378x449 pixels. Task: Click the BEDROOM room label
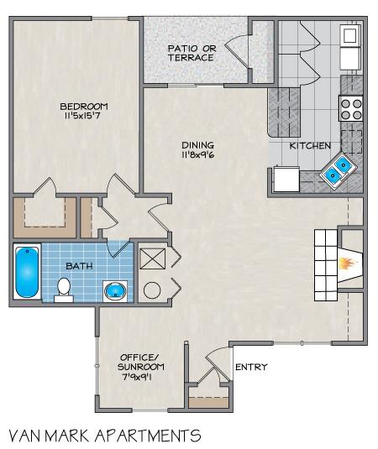click(x=84, y=106)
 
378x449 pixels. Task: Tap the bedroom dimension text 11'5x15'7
click(x=84, y=117)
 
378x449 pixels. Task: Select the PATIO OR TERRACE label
click(x=191, y=53)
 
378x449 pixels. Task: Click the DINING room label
click(x=197, y=144)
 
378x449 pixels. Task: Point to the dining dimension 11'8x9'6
click(x=197, y=154)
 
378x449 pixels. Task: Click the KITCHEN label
click(x=310, y=145)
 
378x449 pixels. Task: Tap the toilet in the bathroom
click(x=62, y=289)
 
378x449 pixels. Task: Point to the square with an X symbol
click(x=153, y=258)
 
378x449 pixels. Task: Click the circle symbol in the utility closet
click(x=153, y=290)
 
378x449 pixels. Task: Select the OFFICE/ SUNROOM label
click(x=140, y=361)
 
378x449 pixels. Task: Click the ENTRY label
click(x=251, y=367)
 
